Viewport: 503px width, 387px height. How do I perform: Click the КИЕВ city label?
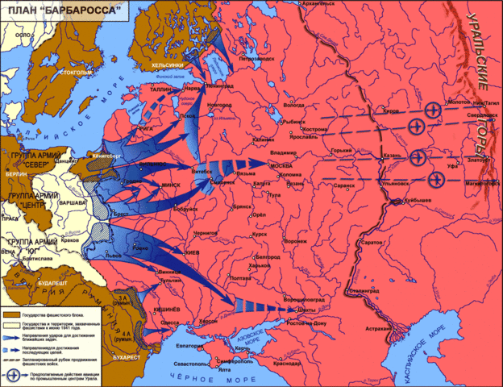click(193, 251)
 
